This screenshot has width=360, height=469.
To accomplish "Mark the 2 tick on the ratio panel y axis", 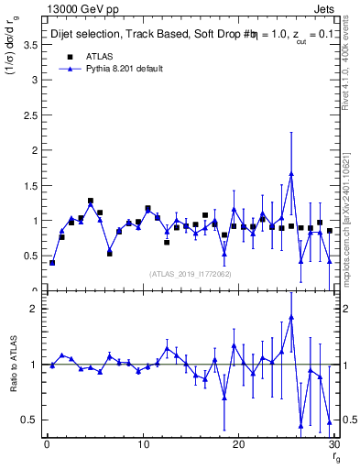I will click(x=37, y=309).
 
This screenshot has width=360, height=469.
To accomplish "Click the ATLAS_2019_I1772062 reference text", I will click(x=191, y=274).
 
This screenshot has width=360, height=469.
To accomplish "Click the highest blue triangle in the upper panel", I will click(x=291, y=173).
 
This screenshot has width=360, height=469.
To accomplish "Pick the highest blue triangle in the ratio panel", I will click(x=291, y=317).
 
